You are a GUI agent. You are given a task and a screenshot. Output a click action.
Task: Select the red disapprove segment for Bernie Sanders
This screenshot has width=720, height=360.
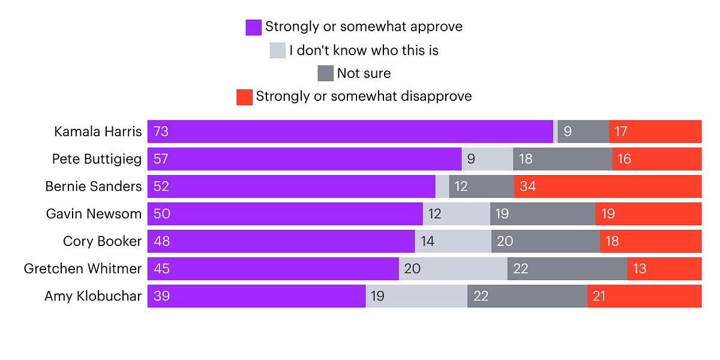607,187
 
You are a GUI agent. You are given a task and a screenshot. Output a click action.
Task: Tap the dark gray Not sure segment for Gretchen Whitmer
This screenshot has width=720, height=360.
567,269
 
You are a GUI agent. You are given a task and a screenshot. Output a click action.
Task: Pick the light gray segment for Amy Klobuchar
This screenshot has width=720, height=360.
416,296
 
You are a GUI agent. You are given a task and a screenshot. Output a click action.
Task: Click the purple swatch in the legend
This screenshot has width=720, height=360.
253,28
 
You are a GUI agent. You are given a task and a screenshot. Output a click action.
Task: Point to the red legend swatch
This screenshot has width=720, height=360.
244,97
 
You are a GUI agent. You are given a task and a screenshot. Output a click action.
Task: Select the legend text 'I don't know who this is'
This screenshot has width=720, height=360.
364,50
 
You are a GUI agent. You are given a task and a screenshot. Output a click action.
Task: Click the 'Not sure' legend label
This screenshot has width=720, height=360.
364,74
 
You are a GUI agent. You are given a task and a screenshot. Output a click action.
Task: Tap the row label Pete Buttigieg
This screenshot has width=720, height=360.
97,159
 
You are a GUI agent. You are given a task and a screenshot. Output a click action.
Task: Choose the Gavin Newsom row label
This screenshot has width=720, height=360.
94,214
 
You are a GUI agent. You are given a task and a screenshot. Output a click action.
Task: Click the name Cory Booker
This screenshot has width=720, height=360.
102,241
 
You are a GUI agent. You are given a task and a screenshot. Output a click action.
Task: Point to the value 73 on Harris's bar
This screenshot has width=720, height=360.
161,131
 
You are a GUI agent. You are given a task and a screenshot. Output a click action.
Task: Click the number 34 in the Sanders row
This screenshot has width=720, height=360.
527,187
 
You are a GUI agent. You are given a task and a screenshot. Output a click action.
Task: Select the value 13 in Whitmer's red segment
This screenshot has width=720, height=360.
640,269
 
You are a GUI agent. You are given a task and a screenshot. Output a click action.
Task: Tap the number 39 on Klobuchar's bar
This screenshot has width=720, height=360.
161,296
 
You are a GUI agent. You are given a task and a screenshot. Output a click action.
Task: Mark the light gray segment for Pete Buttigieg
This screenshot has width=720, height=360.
487,159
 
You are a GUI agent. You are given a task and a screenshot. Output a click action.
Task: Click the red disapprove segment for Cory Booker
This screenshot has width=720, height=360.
650,241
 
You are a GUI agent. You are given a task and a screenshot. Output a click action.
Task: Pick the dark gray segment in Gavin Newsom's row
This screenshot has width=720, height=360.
542,214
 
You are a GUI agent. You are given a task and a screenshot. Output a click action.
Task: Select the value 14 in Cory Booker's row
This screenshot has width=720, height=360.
428,241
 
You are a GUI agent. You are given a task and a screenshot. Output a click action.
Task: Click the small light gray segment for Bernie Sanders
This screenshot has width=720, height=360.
442,187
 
